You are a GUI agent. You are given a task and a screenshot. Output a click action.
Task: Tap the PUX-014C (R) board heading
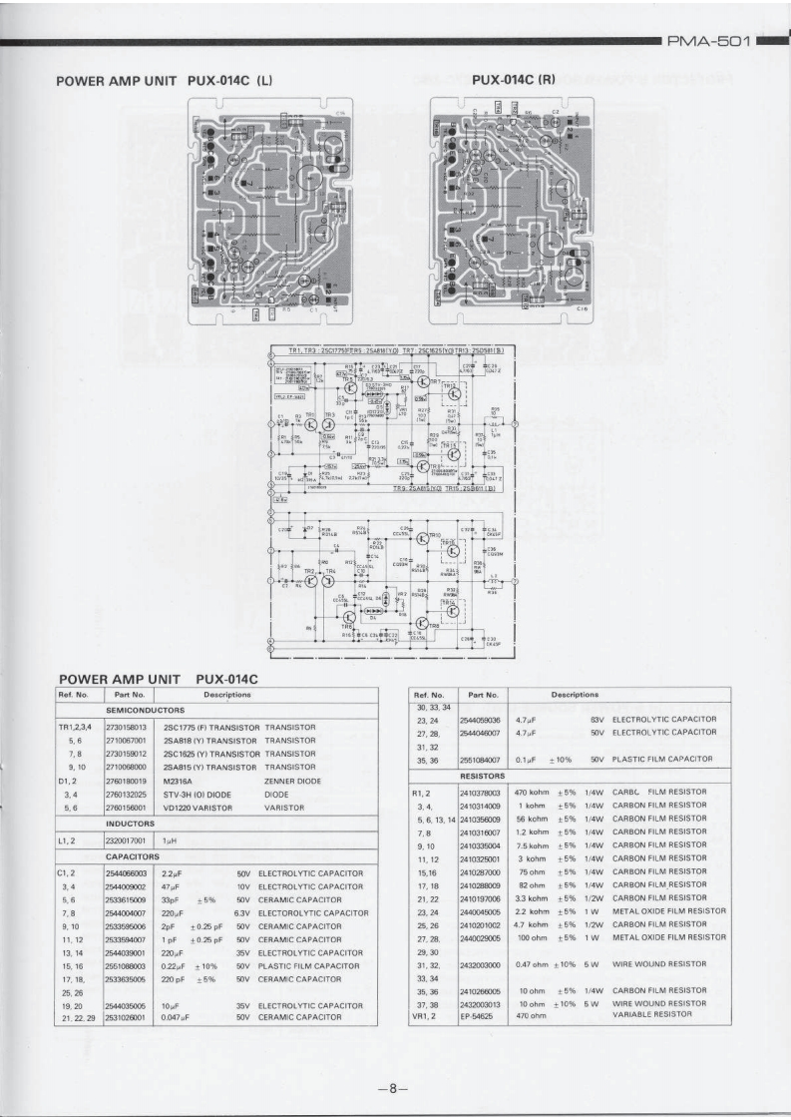pyautogui.click(x=513, y=80)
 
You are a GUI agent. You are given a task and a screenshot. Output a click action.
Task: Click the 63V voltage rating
pyautogui.click(x=597, y=718)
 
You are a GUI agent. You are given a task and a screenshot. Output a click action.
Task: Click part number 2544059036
pyautogui.click(x=480, y=718)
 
